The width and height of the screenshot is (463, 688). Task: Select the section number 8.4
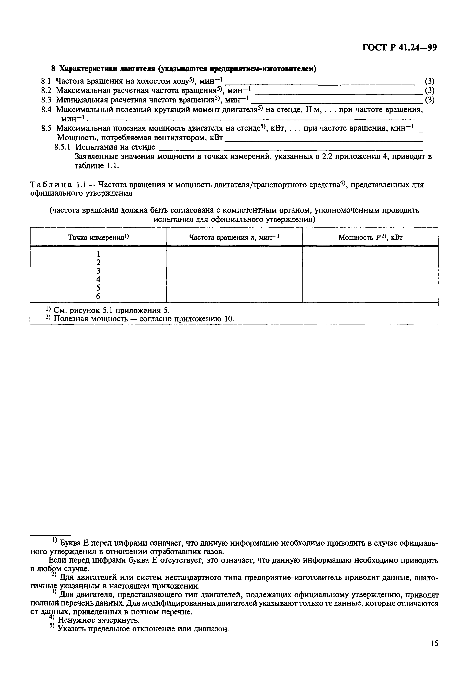point(46,110)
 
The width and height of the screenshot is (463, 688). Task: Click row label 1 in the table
point(98,254)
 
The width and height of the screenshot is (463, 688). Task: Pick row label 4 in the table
point(98,279)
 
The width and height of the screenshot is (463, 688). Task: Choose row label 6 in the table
point(98,296)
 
